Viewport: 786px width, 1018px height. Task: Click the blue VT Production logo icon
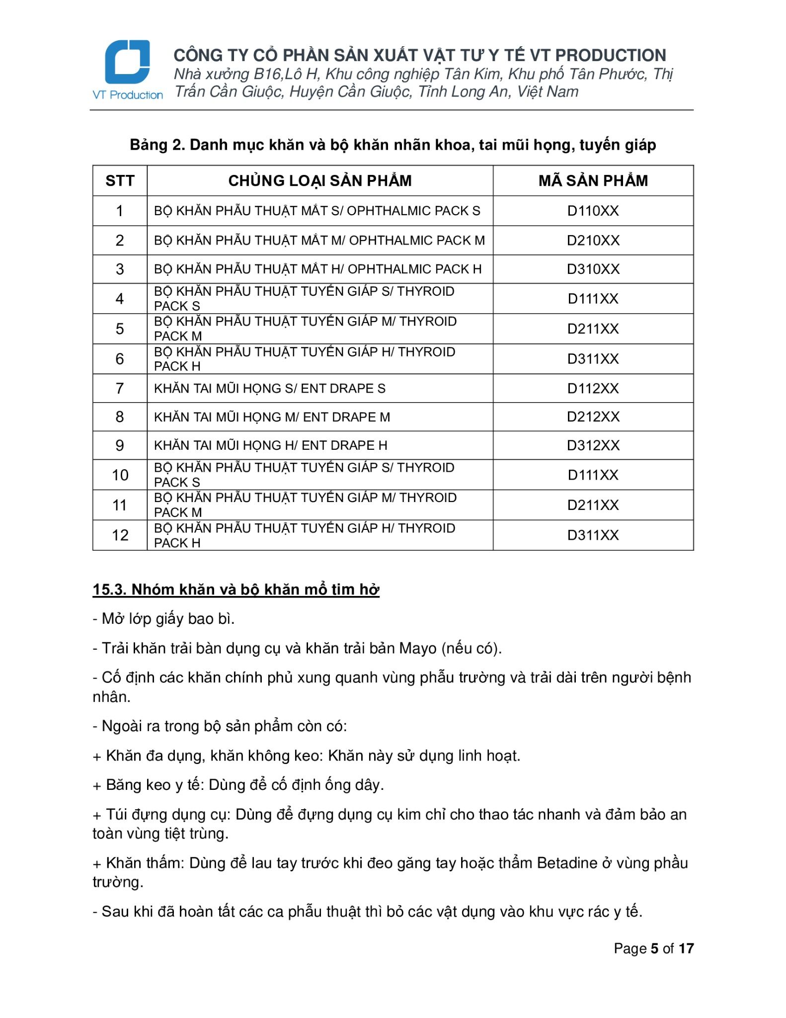pos(127,62)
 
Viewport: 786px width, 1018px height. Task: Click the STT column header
pos(120,180)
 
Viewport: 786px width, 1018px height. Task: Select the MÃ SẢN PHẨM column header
pos(593,180)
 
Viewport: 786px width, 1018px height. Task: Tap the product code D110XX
pos(593,211)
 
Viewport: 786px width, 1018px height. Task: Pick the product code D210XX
pos(593,241)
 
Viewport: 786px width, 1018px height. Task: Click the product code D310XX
pos(593,269)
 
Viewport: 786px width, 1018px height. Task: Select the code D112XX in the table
pos(593,388)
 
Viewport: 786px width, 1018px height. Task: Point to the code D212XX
pos(593,417)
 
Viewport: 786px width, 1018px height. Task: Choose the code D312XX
pos(593,445)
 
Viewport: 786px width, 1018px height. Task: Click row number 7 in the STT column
pos(120,388)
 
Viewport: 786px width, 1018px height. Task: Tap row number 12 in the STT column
pos(120,535)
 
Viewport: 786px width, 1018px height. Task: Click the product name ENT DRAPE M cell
pos(272,417)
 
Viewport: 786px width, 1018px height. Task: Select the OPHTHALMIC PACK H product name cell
pos(317,269)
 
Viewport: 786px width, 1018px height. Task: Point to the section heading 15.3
pos(236,590)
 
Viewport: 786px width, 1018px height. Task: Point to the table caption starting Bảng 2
pos(393,145)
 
